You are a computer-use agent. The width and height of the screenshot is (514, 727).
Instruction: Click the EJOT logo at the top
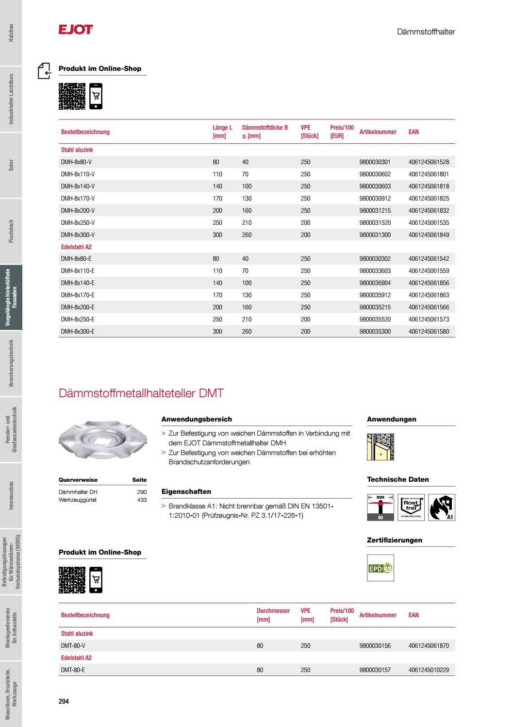pos(75,30)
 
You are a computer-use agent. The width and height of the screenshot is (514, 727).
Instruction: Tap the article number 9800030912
pos(375,198)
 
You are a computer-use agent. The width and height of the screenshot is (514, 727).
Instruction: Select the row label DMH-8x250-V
pos(78,222)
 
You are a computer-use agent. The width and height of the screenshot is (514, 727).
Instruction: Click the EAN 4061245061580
pos(429,331)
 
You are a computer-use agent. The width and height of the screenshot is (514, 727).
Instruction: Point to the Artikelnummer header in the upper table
pos(378,132)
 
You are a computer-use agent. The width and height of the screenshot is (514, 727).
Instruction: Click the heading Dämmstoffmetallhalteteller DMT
pos(141,393)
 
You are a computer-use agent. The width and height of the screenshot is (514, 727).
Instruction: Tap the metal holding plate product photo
pos(102,440)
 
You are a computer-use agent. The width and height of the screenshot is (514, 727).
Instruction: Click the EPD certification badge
pos(381,568)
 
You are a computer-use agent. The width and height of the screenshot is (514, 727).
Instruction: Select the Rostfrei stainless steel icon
pos(411,507)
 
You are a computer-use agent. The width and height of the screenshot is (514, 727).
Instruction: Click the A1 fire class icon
pos(442,507)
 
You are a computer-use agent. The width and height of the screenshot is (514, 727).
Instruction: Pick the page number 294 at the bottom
pos(64,701)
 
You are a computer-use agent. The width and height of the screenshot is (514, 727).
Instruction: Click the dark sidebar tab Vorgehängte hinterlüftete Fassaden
pos(11,298)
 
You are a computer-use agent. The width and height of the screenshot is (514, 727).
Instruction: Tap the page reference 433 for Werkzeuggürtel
pos(142,500)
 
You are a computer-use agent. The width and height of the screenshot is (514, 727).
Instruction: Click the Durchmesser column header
pos(273,615)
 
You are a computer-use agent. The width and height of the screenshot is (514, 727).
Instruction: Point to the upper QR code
pos(72,96)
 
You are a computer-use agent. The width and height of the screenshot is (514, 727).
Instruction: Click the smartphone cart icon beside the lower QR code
pos(96,580)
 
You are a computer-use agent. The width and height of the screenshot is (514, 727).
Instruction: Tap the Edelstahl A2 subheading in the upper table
pos(76,247)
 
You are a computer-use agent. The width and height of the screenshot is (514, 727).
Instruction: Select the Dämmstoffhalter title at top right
pos(426,32)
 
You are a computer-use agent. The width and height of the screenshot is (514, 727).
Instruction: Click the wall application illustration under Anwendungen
pos(381,446)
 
